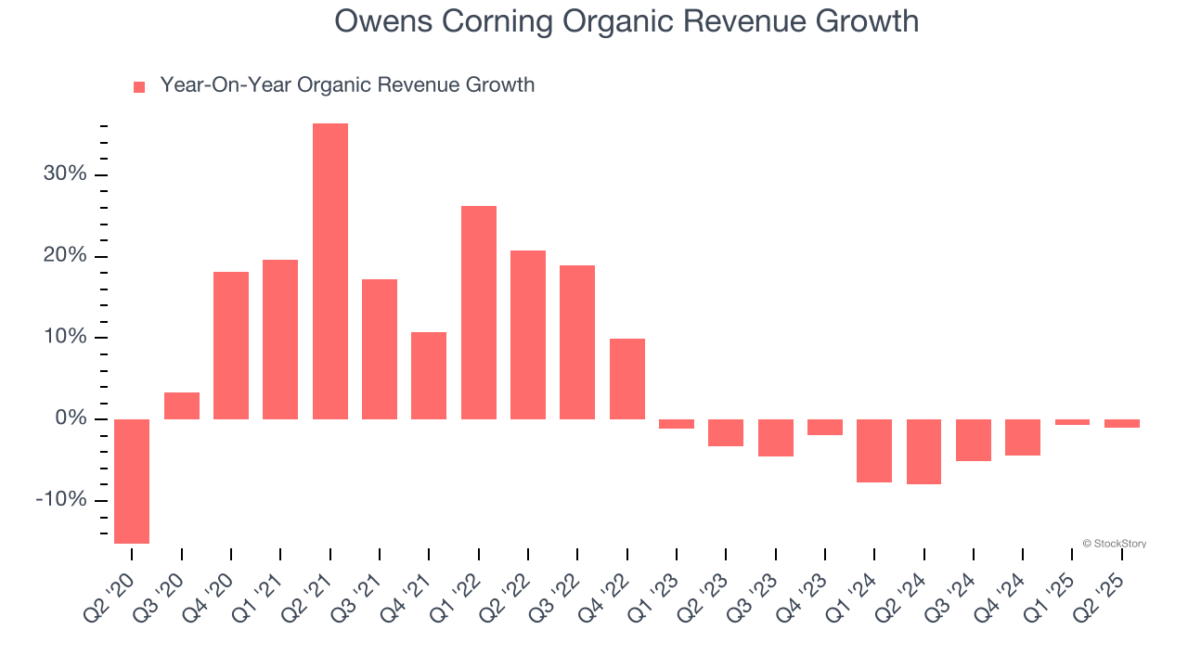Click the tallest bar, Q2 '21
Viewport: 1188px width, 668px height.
[330, 271]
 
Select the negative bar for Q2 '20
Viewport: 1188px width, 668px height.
[132, 481]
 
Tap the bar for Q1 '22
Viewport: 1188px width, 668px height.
[479, 313]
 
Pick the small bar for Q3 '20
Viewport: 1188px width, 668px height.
[182, 406]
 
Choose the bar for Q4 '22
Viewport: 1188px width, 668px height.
[627, 379]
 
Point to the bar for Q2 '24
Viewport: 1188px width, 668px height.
[924, 452]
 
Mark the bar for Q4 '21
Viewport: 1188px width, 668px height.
[429, 376]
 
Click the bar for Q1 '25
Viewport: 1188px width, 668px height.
[1073, 422]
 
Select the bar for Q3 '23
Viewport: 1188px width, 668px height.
[776, 438]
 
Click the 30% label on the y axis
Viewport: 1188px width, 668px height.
[64, 174]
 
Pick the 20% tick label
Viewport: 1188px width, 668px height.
[64, 256]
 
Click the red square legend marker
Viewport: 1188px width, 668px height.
[139, 86]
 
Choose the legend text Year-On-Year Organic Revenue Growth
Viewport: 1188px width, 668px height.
[347, 85]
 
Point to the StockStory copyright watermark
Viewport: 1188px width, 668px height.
[1114, 544]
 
